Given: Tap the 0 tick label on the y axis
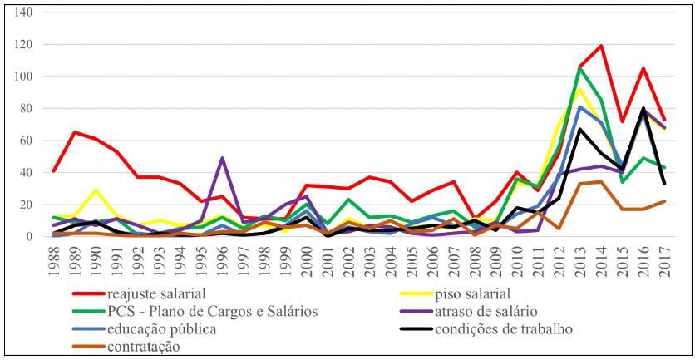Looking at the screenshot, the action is point(29,236).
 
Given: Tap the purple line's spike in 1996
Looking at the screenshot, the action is point(222,158).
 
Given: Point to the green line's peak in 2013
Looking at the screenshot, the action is point(579,68).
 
